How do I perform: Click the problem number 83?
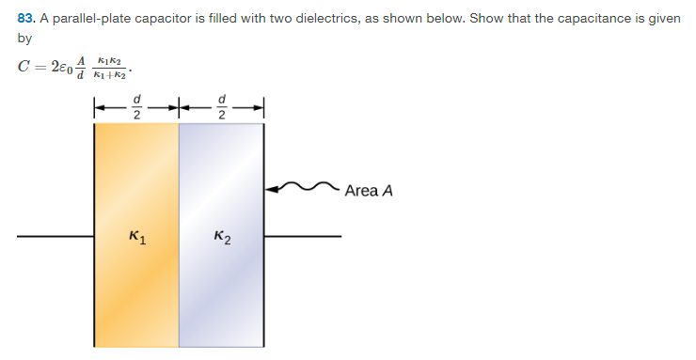pyautogui.click(x=26, y=19)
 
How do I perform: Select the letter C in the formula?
pyautogui.click(x=24, y=68)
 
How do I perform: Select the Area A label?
pyautogui.click(x=368, y=191)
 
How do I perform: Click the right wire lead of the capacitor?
pyautogui.click(x=302, y=236)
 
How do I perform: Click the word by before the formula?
pyautogui.click(x=24, y=39)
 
